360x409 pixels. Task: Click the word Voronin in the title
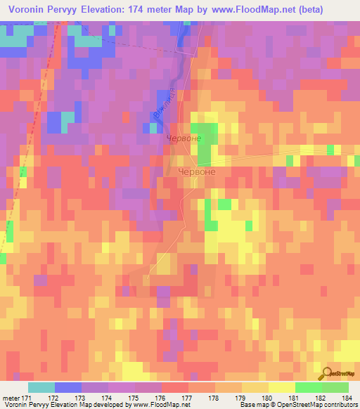click(x=32, y=10)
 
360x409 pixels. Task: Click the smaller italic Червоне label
click(x=185, y=139)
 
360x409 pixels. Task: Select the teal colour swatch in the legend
click(x=41, y=387)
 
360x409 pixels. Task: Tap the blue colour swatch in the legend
click(x=68, y=387)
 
